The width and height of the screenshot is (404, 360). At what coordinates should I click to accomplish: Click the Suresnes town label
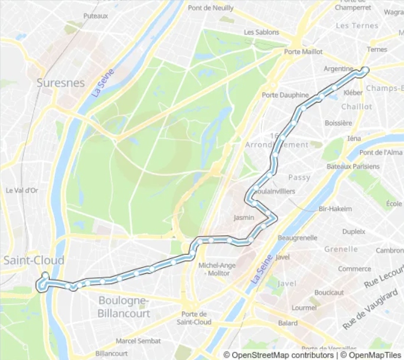[x=60, y=83]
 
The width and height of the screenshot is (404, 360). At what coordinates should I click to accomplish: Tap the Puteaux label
[x=96, y=16]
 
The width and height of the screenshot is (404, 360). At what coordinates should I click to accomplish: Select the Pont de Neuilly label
[x=210, y=8]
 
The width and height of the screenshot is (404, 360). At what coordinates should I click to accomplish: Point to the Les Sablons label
[x=261, y=32]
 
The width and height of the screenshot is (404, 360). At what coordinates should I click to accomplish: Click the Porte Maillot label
[x=303, y=52]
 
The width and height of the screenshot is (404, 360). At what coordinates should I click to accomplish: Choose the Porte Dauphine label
[x=285, y=95]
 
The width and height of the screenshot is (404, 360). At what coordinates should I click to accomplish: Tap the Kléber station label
[x=353, y=93]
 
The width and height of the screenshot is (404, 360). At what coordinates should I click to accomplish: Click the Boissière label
[x=338, y=123]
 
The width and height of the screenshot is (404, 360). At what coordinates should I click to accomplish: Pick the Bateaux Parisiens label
[x=353, y=166]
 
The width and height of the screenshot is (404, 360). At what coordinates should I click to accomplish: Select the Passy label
[x=299, y=177]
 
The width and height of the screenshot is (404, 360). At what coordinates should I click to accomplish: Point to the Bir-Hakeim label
[x=335, y=209]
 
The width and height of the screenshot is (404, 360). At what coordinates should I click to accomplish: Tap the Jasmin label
[x=244, y=218]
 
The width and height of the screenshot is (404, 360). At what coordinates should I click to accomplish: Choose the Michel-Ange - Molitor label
[x=217, y=269]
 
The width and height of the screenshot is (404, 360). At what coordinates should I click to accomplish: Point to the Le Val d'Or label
[x=22, y=191]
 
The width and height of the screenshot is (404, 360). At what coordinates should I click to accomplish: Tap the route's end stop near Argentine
[x=364, y=70]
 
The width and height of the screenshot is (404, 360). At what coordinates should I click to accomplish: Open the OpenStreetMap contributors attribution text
[x=282, y=355]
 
